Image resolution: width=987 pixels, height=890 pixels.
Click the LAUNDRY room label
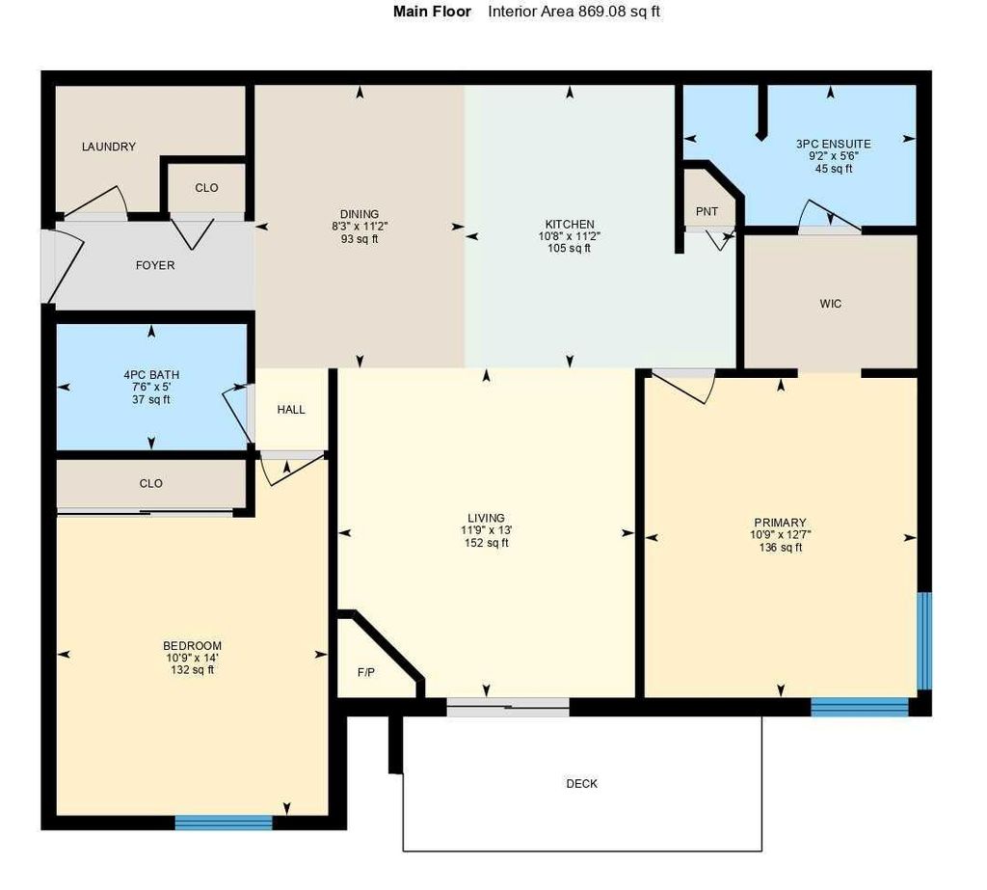pyautogui.click(x=109, y=147)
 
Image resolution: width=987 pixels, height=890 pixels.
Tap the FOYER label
pyautogui.click(x=155, y=265)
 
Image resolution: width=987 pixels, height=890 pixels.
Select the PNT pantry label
pyautogui.click(x=707, y=212)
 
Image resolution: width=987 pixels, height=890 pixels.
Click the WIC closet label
pyautogui.click(x=831, y=304)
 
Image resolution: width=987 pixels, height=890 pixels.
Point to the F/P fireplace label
pyautogui.click(x=366, y=673)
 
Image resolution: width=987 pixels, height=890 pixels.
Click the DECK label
pyautogui.click(x=582, y=784)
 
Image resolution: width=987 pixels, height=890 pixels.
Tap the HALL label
pyautogui.click(x=291, y=410)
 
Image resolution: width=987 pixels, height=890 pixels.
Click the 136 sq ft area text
pyautogui.click(x=781, y=548)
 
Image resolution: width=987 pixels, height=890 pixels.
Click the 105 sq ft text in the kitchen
pyautogui.click(x=569, y=249)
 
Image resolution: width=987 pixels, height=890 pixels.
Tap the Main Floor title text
pyautogui.click(x=433, y=12)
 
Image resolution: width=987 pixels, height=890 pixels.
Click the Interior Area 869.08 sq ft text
pyautogui.click(x=574, y=12)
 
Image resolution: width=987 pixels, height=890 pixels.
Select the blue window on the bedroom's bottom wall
pyautogui.click(x=224, y=823)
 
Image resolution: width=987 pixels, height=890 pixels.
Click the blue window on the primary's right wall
pyautogui.click(x=924, y=641)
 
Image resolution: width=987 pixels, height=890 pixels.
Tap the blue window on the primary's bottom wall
pyautogui.click(x=860, y=707)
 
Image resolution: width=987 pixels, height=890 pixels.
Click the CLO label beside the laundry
pyautogui.click(x=206, y=188)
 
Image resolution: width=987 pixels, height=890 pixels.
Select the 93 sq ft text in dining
pyautogui.click(x=359, y=239)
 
